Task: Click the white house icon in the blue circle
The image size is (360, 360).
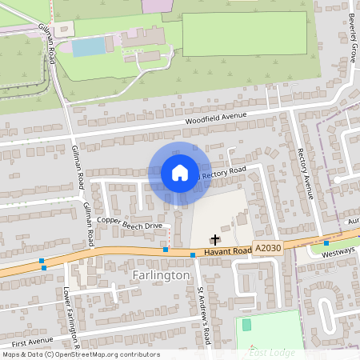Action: [180, 173]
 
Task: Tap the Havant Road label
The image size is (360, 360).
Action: [227, 252]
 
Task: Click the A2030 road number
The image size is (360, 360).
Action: [268, 248]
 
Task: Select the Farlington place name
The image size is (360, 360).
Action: [159, 275]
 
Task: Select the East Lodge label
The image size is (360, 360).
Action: [272, 352]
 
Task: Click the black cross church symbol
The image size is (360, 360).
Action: [214, 238]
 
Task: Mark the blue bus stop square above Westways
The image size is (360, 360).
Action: [326, 242]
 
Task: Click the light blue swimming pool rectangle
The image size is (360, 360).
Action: [89, 47]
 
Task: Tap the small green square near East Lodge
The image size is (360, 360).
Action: [246, 325]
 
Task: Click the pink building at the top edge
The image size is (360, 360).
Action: [152, 5]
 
